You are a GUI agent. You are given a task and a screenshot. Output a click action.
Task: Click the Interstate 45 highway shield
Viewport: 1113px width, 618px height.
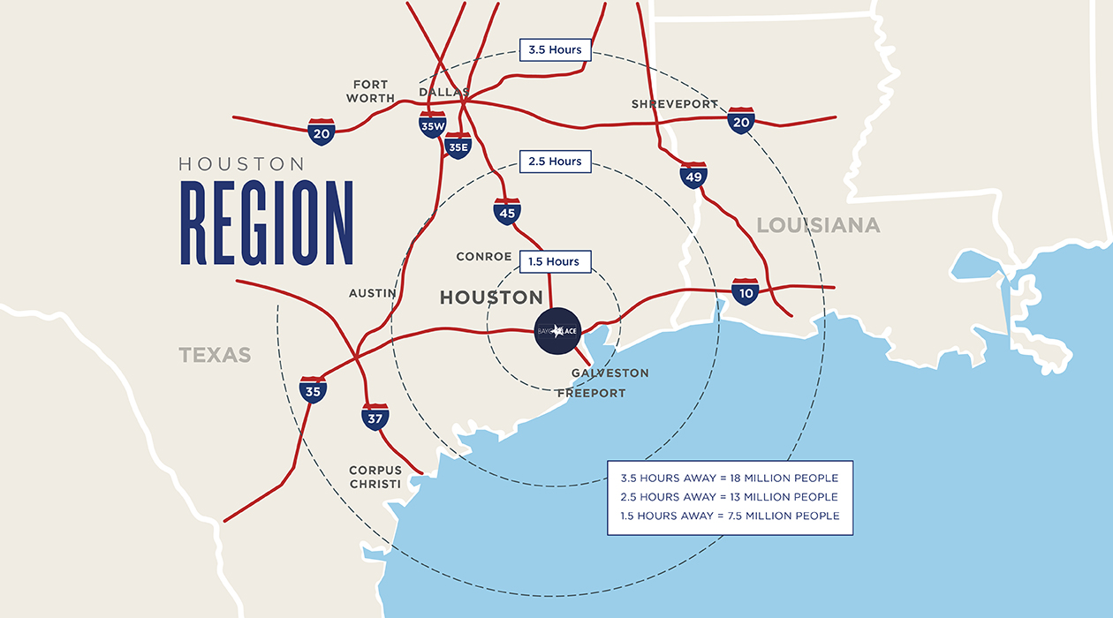click(507, 211)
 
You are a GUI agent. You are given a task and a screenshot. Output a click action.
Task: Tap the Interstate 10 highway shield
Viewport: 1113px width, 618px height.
click(745, 291)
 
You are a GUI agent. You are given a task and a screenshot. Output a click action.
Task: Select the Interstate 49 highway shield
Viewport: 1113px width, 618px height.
click(693, 176)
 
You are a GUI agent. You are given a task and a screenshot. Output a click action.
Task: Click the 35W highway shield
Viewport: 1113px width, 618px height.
click(432, 124)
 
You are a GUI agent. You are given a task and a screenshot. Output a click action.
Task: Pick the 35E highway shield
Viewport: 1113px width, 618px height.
click(458, 146)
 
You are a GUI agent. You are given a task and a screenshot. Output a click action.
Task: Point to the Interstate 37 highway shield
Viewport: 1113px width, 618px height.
click(375, 416)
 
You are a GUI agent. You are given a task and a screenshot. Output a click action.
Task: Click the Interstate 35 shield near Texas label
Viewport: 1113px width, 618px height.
click(313, 389)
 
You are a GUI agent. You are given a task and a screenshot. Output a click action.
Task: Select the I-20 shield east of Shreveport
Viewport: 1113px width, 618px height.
click(740, 120)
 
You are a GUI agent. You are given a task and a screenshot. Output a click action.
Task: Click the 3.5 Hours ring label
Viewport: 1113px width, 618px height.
click(555, 49)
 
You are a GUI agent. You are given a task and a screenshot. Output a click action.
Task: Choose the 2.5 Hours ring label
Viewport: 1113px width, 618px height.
click(555, 161)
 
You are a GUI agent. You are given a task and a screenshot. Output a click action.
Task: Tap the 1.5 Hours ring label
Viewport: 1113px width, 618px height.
click(554, 261)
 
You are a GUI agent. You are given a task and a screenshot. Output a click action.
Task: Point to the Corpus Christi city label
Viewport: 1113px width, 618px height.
click(375, 477)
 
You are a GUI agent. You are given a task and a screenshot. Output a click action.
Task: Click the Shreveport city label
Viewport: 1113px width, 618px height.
click(674, 104)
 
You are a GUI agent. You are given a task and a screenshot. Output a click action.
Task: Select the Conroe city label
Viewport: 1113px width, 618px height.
click(483, 257)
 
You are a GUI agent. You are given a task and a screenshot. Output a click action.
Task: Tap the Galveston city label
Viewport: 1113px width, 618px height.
click(609, 373)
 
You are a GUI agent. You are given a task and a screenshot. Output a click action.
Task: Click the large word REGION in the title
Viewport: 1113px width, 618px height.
click(267, 223)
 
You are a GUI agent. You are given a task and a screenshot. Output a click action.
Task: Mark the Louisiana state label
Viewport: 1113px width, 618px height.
click(818, 225)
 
